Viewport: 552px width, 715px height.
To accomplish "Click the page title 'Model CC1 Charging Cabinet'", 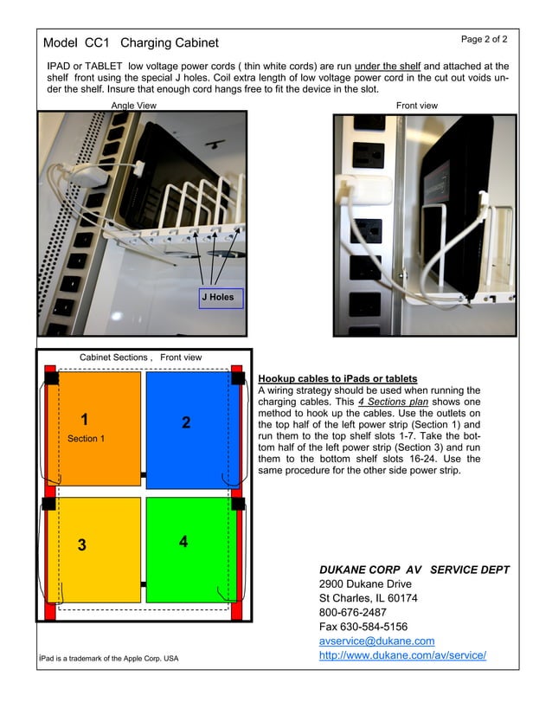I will [x=131, y=42].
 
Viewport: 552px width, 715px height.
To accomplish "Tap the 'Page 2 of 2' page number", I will [x=484, y=40].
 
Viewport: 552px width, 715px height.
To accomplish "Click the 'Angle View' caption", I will [x=134, y=106].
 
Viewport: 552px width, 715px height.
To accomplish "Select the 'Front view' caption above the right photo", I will [x=417, y=106].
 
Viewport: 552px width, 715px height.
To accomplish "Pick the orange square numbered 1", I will [x=94, y=428].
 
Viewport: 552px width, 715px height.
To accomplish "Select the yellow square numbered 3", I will [x=94, y=550].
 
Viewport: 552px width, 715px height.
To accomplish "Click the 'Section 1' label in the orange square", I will [x=86, y=439].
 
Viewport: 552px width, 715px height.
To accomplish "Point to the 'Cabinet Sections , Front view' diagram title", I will [x=140, y=357].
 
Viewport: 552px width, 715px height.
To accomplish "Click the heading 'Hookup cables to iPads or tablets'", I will [x=337, y=379].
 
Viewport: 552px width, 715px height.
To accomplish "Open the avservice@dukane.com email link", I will [x=376, y=641].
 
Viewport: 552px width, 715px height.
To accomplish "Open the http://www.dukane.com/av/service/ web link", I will [x=402, y=655].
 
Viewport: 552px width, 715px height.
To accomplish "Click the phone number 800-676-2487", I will [x=353, y=612].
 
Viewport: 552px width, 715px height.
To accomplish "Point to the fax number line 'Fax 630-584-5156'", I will [x=363, y=627].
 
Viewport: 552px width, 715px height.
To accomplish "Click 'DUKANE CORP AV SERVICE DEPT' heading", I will [x=414, y=570].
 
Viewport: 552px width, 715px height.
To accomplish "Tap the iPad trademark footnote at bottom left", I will [x=109, y=659].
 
